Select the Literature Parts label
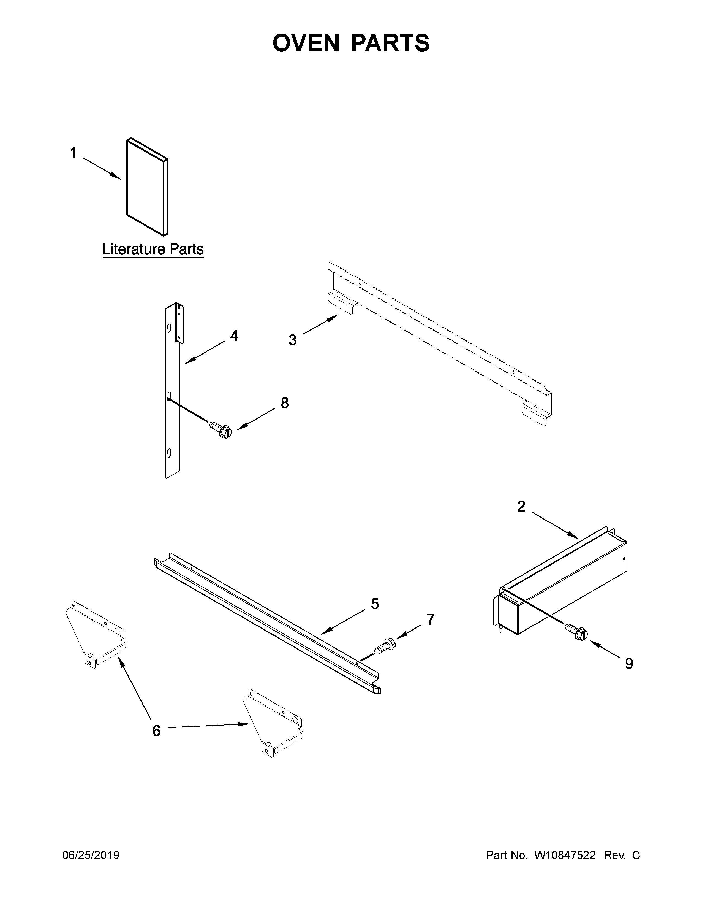tap(153, 249)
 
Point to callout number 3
tap(293, 340)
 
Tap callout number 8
tap(284, 403)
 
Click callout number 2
tap(521, 507)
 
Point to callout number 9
tap(629, 664)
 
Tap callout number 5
tap(375, 604)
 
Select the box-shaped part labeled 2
tap(561, 587)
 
